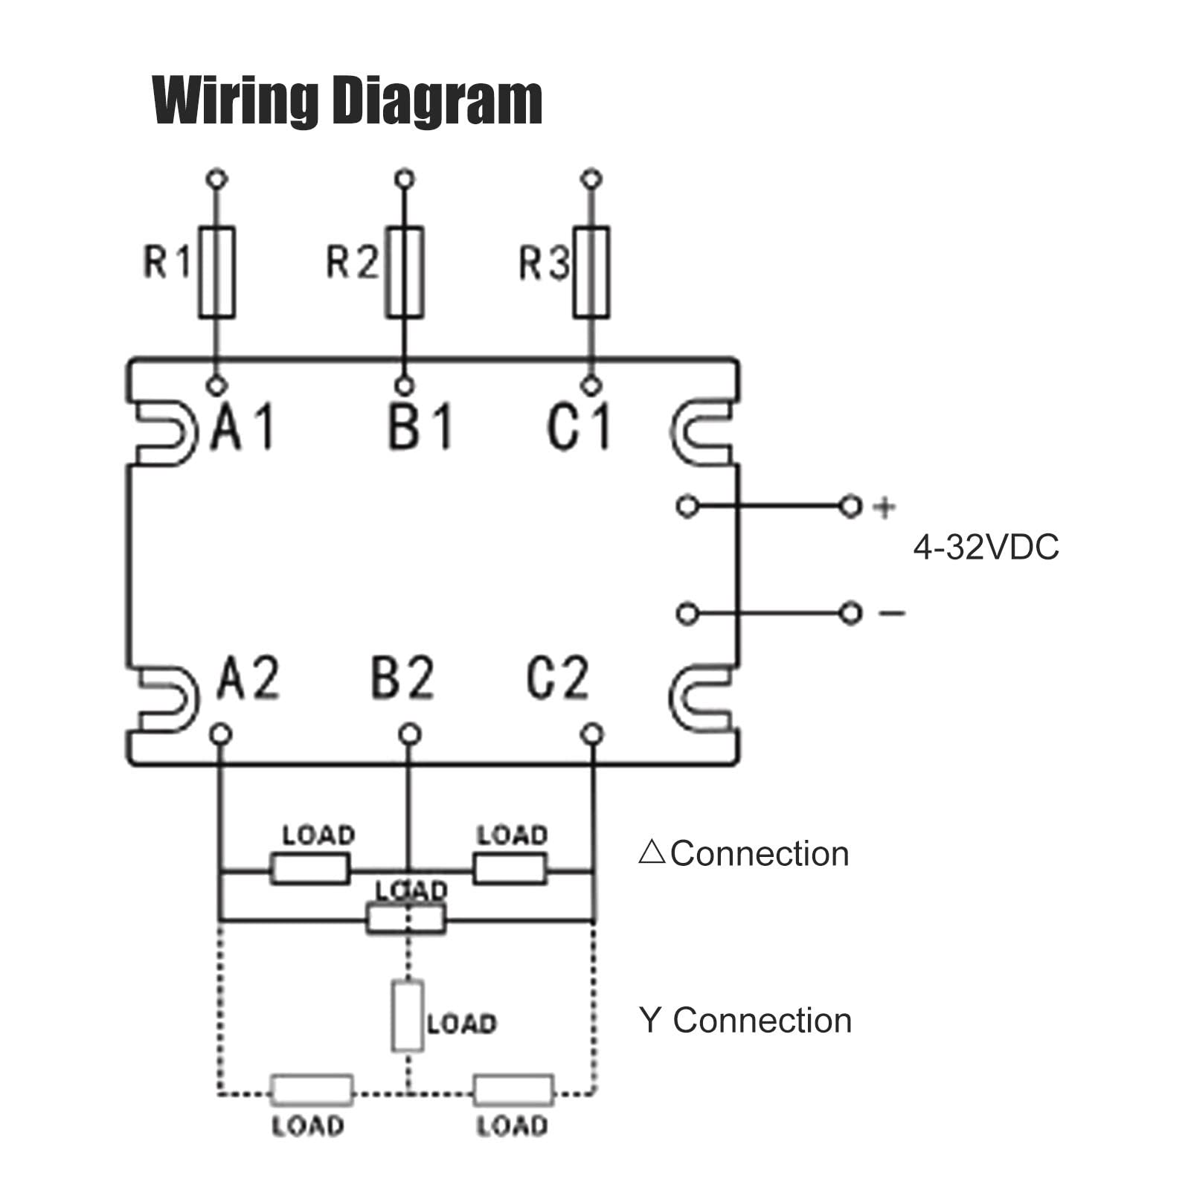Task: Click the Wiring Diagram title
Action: click(347, 101)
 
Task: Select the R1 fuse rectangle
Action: click(216, 272)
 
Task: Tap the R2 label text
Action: click(353, 262)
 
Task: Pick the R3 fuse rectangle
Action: click(591, 272)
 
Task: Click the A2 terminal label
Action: click(248, 677)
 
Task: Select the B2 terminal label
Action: click(402, 677)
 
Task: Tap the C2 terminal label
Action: click(558, 677)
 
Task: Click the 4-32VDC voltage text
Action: click(986, 548)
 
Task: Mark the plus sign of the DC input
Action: click(885, 507)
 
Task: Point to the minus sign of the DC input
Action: click(892, 613)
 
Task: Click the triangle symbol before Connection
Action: click(652, 852)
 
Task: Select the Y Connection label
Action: click(745, 1021)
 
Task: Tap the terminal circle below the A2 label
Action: click(220, 734)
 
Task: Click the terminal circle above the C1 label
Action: click(591, 386)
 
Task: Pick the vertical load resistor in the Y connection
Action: click(408, 1015)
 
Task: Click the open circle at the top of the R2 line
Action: click(405, 179)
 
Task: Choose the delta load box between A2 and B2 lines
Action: click(309, 869)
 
